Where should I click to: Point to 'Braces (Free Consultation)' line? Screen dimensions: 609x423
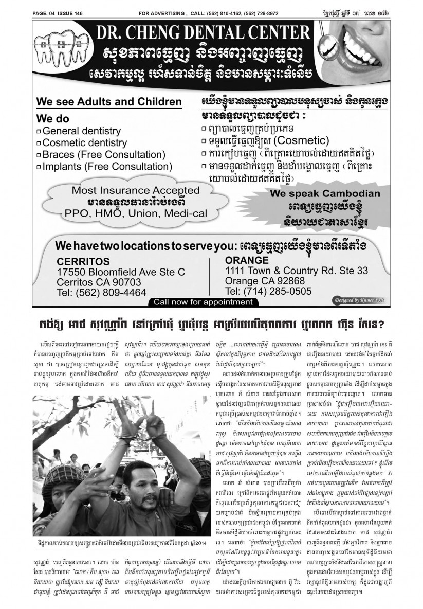pyautogui.click(x=103, y=155)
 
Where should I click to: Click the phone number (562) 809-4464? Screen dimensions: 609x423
pyautogui.click(x=101, y=293)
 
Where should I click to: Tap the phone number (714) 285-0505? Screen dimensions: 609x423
pyautogui.click(x=268, y=291)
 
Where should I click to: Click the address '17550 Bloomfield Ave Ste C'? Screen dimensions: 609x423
pyautogui.click(x=120, y=272)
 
